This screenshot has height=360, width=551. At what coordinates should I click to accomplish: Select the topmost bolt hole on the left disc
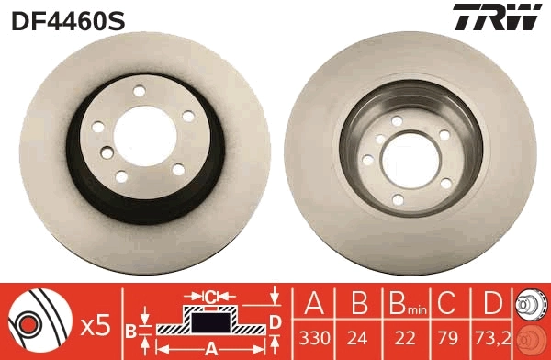pyautogui.click(x=141, y=90)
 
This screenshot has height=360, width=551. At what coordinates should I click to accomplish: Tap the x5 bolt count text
pyautogui.click(x=96, y=324)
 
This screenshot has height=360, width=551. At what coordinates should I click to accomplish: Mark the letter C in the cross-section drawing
pyautogui.click(x=210, y=297)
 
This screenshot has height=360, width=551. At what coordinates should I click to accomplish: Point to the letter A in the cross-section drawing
pyautogui.click(x=210, y=347)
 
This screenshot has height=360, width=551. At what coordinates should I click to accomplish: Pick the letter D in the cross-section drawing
pyautogui.click(x=275, y=321)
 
